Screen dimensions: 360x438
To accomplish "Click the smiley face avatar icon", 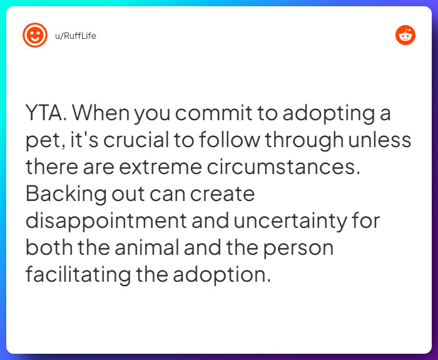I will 35,36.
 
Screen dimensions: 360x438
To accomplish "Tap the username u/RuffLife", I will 75,36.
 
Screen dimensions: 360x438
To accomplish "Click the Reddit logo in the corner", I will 405,36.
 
